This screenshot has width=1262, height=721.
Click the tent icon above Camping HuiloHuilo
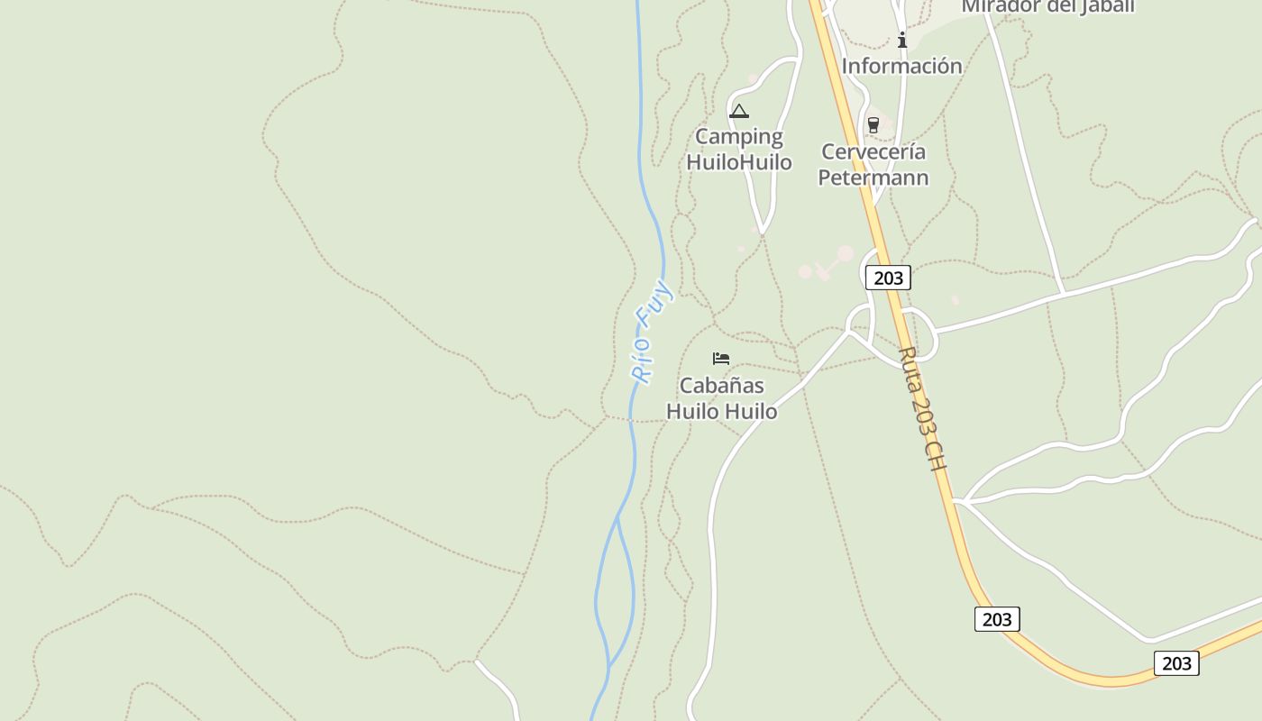739,112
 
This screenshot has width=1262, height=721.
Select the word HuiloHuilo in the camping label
739,162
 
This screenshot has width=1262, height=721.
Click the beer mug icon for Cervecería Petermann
873,125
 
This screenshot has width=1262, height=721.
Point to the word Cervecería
873,151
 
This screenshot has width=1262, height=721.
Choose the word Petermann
873,177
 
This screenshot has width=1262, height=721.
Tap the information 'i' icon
902,40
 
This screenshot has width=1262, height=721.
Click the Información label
902,66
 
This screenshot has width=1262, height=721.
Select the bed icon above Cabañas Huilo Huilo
721,359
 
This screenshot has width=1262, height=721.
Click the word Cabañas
722,386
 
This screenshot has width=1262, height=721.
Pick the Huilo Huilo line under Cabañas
722,412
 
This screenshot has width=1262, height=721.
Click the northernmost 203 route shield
888,278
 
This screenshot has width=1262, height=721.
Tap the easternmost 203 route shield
1176,663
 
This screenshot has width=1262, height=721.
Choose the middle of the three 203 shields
997,619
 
